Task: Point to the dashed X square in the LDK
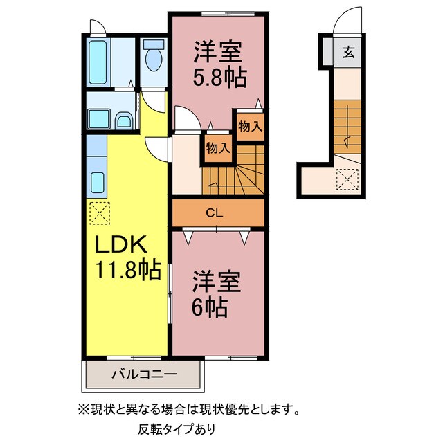tap(99, 213)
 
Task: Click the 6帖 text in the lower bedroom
tap(207, 306)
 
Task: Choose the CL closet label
tap(214, 213)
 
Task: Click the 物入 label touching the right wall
tap(250, 126)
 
